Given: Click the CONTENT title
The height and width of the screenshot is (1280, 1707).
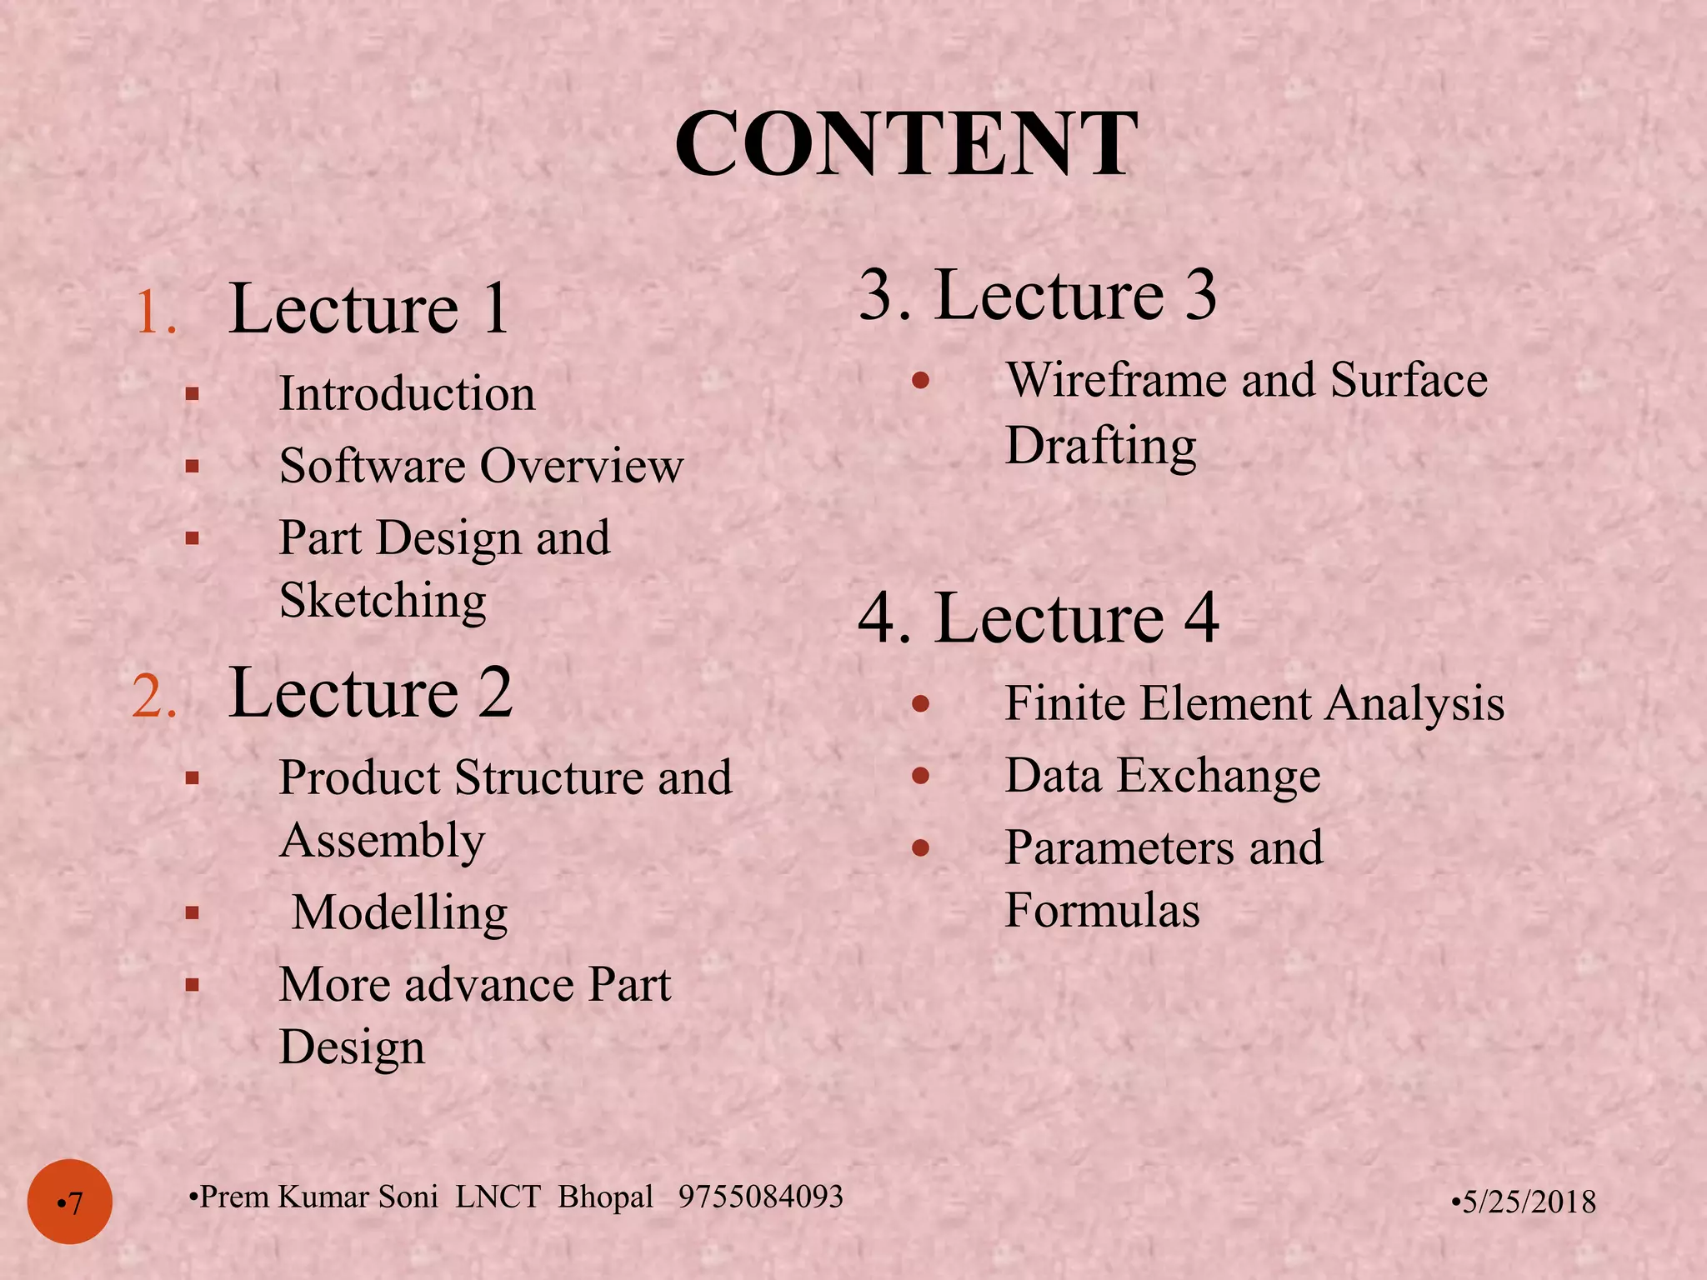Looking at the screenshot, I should [x=906, y=144].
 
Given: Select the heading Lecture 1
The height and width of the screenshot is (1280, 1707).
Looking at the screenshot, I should [x=368, y=309].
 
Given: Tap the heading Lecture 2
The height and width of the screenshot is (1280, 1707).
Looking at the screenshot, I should [x=369, y=692].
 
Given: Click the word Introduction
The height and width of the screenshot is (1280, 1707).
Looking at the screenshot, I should [x=407, y=393].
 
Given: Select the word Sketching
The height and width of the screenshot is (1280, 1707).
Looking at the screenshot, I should [x=383, y=600].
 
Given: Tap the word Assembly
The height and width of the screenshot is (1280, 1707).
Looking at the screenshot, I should [x=383, y=840].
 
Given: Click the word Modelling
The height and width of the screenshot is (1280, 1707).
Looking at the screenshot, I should [x=400, y=912].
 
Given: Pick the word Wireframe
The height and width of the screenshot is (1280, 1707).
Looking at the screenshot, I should [x=1117, y=380].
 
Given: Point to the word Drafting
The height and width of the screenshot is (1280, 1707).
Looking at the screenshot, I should [x=1100, y=446].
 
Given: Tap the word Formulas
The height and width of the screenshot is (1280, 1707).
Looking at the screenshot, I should [x=1102, y=910].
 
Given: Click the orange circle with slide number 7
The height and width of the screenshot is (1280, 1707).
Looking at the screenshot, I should [x=70, y=1202].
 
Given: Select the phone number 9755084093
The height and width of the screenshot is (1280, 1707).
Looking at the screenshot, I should [x=761, y=1197].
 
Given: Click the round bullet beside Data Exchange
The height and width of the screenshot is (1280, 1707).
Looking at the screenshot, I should [x=920, y=777].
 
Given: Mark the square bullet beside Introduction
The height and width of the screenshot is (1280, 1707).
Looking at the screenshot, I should [x=193, y=394].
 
